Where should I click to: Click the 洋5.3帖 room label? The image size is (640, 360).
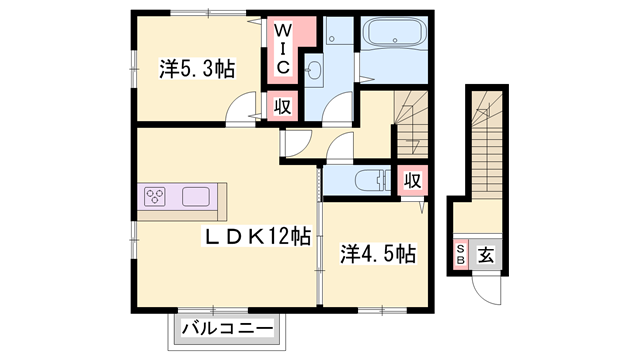197,70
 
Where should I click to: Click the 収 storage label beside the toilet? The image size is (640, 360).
411,182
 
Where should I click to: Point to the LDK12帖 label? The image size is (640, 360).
257,237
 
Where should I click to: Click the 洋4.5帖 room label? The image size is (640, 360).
377,254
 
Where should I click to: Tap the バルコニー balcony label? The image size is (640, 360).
228,328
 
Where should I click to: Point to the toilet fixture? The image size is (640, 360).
371,180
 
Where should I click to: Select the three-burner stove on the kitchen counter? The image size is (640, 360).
158,197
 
